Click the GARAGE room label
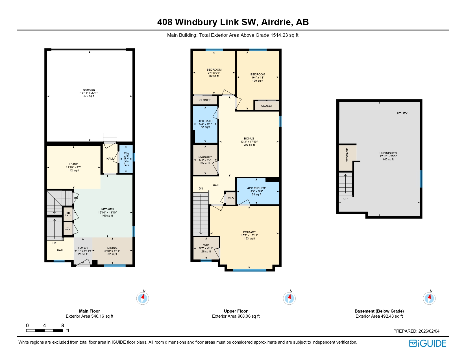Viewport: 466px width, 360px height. click(x=89, y=90)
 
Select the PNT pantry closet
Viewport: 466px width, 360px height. click(x=68, y=214)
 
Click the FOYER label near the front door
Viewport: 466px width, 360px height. click(x=83, y=248)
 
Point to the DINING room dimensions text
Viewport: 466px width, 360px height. click(x=112, y=251)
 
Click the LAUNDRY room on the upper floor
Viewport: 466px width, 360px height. click(x=205, y=160)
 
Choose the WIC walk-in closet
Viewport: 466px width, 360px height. click(x=206, y=248)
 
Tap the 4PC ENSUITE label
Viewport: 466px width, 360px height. click(x=256, y=188)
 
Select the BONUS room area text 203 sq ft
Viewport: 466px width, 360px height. click(x=249, y=145)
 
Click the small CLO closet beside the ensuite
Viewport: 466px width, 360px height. click(x=231, y=198)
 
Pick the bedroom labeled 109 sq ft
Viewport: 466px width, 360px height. click(x=258, y=78)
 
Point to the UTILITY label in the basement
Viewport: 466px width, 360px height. click(x=402, y=114)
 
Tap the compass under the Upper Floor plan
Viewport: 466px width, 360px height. click(x=289, y=298)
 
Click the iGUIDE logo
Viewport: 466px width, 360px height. click(x=428, y=344)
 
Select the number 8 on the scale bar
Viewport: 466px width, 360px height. click(x=63, y=326)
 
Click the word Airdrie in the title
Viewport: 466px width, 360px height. click(x=277, y=22)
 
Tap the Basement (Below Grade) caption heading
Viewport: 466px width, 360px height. click(x=379, y=311)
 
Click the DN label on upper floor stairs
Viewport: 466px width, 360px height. click(x=201, y=189)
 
